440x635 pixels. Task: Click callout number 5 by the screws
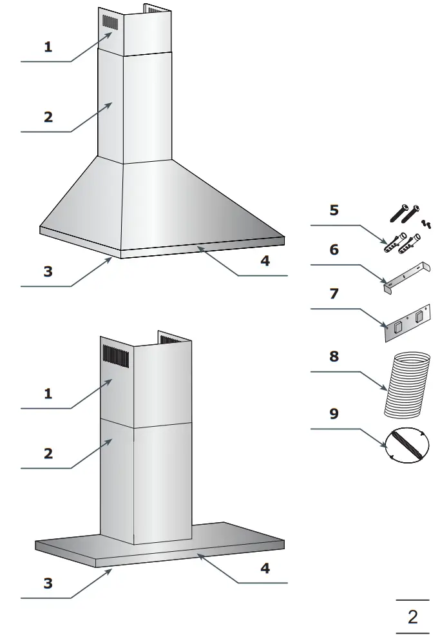point(334,211)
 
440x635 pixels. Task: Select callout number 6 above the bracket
point(334,249)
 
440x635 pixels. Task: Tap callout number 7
point(334,294)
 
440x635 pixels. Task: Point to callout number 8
point(334,357)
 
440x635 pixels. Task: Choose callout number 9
point(334,413)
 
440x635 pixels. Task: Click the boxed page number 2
point(412,617)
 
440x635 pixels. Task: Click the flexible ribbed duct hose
point(407,384)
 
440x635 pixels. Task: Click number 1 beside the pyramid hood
point(48,46)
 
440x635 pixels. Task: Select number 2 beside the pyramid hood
point(48,117)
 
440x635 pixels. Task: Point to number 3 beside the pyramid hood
point(48,271)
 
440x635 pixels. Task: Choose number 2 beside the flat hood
point(48,453)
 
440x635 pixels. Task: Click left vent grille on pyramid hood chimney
point(110,23)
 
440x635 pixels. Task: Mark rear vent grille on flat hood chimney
point(172,339)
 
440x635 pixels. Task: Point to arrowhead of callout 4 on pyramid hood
point(200,248)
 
